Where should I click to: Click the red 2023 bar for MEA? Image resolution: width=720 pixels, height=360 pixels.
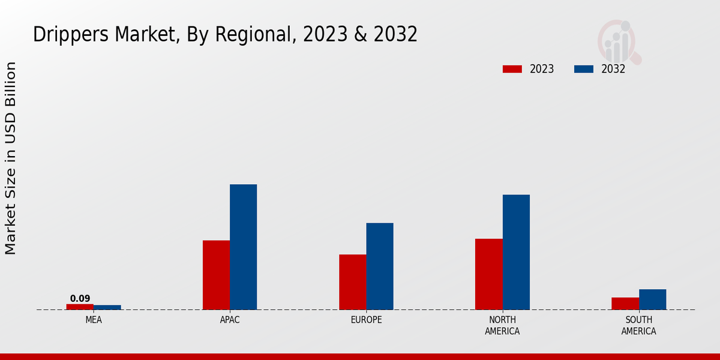pyautogui.click(x=80, y=307)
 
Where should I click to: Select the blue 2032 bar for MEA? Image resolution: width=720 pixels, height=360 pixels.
pyautogui.click(x=107, y=307)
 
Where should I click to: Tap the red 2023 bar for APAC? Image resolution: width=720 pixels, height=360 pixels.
pyautogui.click(x=216, y=275)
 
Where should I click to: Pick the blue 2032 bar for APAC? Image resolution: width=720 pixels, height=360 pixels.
pyautogui.click(x=243, y=247)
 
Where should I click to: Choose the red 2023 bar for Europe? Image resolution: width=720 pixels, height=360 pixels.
pyautogui.click(x=352, y=282)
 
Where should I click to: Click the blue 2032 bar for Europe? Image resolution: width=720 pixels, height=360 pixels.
pyautogui.click(x=380, y=266)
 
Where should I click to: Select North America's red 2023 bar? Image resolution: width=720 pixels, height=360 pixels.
pyautogui.click(x=488, y=274)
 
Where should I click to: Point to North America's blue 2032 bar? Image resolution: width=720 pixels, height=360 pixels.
pyautogui.click(x=516, y=252)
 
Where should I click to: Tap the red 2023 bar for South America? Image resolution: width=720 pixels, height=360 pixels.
pyautogui.click(x=625, y=304)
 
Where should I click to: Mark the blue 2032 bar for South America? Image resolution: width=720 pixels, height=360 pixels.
pyautogui.click(x=652, y=299)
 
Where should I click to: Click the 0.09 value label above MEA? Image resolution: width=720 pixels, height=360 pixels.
pyautogui.click(x=80, y=298)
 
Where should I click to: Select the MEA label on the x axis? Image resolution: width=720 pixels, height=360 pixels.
pyautogui.click(x=94, y=320)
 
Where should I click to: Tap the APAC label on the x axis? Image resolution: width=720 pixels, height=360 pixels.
pyautogui.click(x=230, y=320)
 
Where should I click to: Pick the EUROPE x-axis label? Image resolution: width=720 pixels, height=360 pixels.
pyautogui.click(x=366, y=320)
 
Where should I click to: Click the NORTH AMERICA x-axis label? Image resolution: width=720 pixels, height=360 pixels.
pyautogui.click(x=502, y=325)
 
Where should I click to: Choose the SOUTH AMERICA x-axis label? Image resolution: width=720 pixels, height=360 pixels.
pyautogui.click(x=638, y=325)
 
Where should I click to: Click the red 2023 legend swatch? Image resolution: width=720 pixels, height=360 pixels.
pyautogui.click(x=512, y=69)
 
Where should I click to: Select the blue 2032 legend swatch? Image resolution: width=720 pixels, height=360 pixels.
pyautogui.click(x=584, y=69)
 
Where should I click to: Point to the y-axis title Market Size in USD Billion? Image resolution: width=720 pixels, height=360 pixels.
pyautogui.click(x=11, y=158)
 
